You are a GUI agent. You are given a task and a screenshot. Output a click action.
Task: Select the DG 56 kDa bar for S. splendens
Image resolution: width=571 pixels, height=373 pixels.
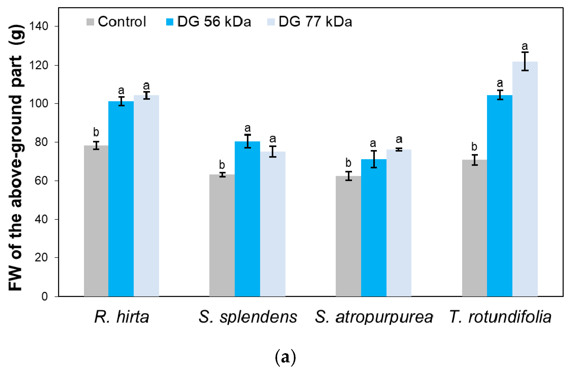click(247, 219)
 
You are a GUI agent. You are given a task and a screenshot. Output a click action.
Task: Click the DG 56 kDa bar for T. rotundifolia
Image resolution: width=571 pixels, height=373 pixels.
click(499, 196)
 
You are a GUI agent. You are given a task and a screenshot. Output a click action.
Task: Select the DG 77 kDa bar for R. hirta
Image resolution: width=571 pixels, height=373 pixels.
click(146, 196)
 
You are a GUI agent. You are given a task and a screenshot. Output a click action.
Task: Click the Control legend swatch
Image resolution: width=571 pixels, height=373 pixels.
click(90, 22)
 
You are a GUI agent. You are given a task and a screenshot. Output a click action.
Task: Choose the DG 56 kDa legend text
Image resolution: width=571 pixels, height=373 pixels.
click(214, 22)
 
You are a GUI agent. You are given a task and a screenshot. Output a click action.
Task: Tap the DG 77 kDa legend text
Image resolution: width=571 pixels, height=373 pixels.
click(315, 22)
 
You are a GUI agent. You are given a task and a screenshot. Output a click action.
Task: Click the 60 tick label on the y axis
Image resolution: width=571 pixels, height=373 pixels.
click(41, 181)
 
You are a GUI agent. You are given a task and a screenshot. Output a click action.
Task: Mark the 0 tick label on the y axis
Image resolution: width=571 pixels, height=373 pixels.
click(45, 297)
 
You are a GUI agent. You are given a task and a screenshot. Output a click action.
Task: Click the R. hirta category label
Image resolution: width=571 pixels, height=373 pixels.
click(122, 317)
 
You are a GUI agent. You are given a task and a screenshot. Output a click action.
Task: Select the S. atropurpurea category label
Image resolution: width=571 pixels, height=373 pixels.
click(374, 317)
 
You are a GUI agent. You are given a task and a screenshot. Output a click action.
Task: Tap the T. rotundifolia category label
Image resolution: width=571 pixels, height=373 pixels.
click(500, 317)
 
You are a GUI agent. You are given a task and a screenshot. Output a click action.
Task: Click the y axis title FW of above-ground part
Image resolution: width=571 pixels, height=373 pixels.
click(16, 158)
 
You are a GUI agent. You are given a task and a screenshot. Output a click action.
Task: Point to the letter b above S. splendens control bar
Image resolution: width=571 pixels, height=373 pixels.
click(222, 165)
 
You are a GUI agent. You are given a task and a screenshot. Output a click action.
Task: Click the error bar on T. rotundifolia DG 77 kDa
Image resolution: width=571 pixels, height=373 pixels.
click(525, 61)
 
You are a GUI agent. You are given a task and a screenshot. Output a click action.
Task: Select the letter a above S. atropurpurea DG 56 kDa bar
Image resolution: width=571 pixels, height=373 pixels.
click(373, 143)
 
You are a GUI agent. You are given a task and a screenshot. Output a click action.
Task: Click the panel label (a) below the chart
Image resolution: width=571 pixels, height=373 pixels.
click(285, 357)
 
